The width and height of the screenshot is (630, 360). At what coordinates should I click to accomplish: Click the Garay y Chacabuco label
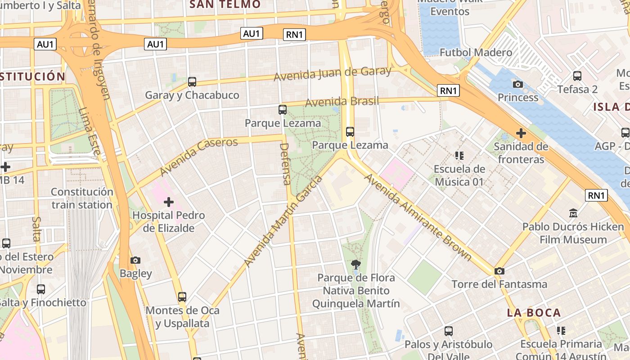click(x=192, y=95)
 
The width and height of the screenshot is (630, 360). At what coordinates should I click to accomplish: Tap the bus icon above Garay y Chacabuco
click(x=192, y=82)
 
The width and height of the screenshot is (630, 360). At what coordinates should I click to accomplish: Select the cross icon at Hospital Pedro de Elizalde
click(x=169, y=202)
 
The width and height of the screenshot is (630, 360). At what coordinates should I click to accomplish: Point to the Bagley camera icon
click(x=135, y=260)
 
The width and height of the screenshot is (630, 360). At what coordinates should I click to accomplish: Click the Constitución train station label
click(x=82, y=198)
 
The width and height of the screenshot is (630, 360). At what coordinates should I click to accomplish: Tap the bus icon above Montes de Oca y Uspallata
click(x=182, y=297)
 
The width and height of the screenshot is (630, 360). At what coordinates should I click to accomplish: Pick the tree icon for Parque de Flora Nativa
click(x=356, y=264)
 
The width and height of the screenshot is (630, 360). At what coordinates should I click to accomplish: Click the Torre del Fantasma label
click(x=499, y=284)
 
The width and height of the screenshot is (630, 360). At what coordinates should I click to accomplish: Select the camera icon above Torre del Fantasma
click(x=499, y=271)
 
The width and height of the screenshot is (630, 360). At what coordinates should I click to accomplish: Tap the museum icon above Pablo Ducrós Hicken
click(x=573, y=213)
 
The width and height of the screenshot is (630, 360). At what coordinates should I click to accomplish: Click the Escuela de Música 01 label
click(x=459, y=175)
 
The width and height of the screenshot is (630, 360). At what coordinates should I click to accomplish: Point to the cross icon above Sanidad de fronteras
click(x=521, y=133)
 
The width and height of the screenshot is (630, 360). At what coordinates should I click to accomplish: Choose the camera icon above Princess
click(x=518, y=84)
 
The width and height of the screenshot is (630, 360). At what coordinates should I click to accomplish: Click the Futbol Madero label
click(x=476, y=53)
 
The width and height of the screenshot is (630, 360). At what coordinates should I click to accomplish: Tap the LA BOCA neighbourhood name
click(x=534, y=313)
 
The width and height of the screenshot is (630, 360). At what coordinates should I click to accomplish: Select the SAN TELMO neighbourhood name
click(x=225, y=4)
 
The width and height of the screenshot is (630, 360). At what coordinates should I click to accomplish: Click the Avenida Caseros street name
click(x=198, y=157)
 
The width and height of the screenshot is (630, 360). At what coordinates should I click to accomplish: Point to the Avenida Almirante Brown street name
click(x=418, y=217)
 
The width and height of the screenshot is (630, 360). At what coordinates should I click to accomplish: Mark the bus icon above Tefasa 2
click(x=577, y=76)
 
